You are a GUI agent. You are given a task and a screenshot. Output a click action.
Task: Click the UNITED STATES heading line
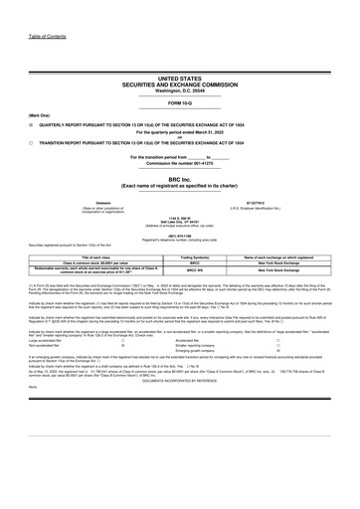[179, 77]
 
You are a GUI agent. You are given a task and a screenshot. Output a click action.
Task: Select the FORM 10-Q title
[179, 102]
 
